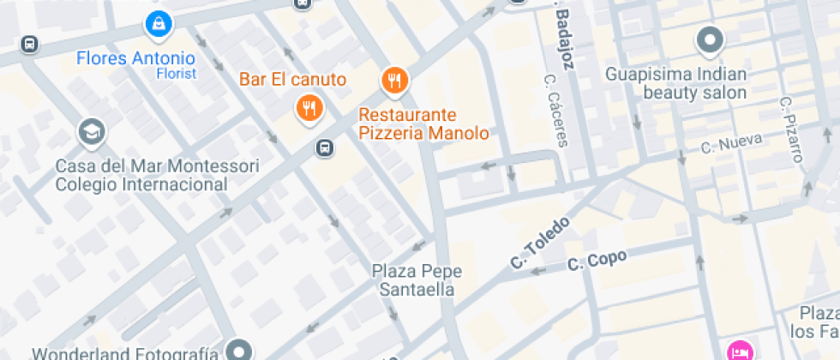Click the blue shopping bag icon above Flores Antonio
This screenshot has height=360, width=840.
(x=159, y=26)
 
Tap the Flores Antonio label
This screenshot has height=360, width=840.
(x=135, y=59)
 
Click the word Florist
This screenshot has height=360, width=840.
(x=176, y=74)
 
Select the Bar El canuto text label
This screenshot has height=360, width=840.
(x=292, y=81)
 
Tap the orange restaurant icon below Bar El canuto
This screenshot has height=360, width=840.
(x=309, y=108)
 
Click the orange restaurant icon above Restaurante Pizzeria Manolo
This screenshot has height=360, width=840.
(x=394, y=81)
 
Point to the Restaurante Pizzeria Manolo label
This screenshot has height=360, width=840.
(x=423, y=124)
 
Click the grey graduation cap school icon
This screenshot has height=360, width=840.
(x=89, y=132)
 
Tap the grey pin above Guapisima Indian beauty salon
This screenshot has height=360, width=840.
(x=710, y=39)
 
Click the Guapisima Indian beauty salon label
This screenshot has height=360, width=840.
(x=676, y=83)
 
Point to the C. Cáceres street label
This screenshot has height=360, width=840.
(x=555, y=110)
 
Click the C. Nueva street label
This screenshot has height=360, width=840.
(x=731, y=146)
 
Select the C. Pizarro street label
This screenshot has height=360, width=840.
(x=792, y=129)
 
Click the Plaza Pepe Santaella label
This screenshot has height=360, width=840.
(x=417, y=280)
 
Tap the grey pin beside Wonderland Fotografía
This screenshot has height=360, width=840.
(x=240, y=350)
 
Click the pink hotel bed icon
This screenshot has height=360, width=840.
(x=739, y=351)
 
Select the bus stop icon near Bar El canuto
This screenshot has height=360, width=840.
(x=325, y=147)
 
